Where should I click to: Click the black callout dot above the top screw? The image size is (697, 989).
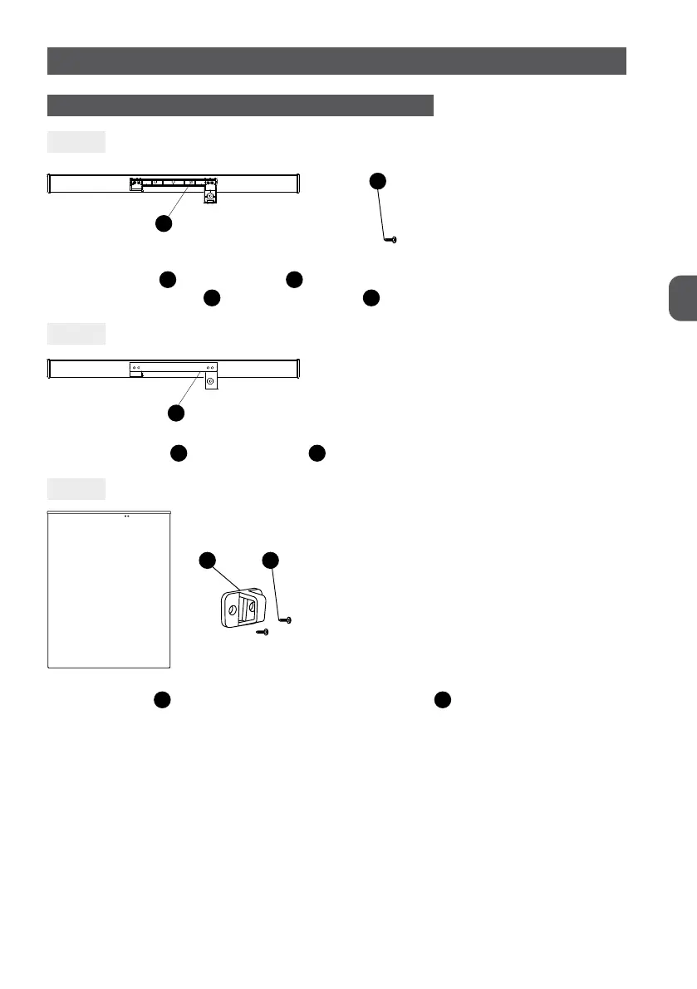pyautogui.click(x=378, y=181)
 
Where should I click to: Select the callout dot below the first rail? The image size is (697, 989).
pyautogui.click(x=164, y=224)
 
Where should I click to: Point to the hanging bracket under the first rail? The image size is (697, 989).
pyautogui.click(x=210, y=196)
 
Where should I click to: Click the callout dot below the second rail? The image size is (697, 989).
pyautogui.click(x=175, y=413)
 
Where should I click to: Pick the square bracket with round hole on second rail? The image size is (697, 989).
pyautogui.click(x=210, y=382)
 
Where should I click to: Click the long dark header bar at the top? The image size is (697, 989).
pyautogui.click(x=336, y=61)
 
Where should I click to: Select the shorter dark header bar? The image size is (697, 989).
pyautogui.click(x=241, y=105)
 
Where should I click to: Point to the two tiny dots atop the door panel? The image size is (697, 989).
pyautogui.click(x=127, y=516)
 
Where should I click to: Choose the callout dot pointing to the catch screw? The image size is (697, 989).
pyautogui.click(x=271, y=561)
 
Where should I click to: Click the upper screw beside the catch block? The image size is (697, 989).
pyautogui.click(x=287, y=621)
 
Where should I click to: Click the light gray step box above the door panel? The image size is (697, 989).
pyautogui.click(x=76, y=489)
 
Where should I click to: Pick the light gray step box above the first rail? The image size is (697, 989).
pyautogui.click(x=76, y=142)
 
